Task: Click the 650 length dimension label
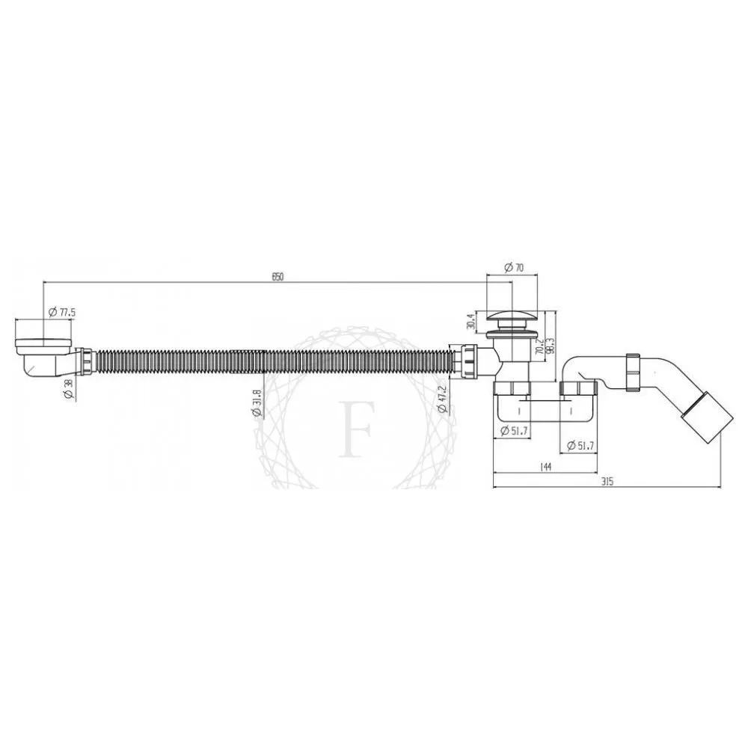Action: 277,277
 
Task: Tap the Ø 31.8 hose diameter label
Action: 257,405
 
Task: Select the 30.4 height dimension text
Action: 470,321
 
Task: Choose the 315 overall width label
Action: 606,482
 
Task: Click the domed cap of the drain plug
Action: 512,314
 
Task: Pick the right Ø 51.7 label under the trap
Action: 580,446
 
